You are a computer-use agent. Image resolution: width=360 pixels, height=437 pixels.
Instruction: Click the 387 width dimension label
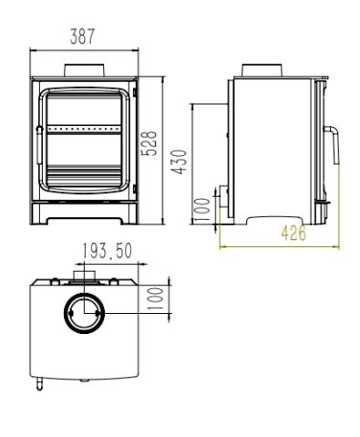(x=82, y=36)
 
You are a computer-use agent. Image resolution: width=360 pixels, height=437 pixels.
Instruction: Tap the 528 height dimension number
(x=149, y=143)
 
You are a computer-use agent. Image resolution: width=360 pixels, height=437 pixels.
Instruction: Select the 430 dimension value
(x=179, y=161)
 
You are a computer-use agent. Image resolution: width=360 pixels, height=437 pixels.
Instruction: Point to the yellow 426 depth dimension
(x=293, y=234)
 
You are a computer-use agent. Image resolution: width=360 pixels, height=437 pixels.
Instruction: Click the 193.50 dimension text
(x=108, y=251)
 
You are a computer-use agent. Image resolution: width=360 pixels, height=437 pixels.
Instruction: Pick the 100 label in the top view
(x=155, y=298)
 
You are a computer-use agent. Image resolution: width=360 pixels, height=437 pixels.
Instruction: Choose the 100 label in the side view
(x=201, y=209)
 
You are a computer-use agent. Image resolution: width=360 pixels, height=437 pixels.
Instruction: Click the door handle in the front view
(x=38, y=145)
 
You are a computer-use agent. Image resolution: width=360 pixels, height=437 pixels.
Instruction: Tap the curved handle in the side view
(x=333, y=144)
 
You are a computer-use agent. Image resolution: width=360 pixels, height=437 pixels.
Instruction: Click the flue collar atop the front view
(x=84, y=70)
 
